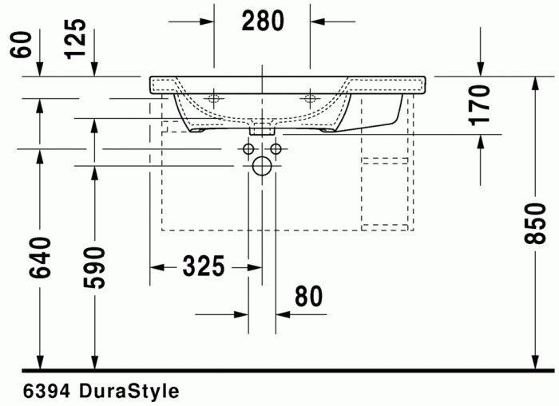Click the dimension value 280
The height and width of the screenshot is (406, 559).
click(263, 22)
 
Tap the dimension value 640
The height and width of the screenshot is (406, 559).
click(41, 257)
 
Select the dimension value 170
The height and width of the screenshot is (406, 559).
click(478, 104)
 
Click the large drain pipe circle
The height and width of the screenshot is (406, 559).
click(261, 166)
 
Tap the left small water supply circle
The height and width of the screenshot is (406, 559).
click(248, 148)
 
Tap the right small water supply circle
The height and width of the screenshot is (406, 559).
click(276, 148)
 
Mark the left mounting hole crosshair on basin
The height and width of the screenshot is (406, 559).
click(213, 99)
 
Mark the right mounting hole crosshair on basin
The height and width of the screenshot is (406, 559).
click(310, 99)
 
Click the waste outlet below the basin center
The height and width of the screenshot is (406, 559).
click(262, 128)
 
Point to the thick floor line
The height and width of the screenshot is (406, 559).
click(287, 371)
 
